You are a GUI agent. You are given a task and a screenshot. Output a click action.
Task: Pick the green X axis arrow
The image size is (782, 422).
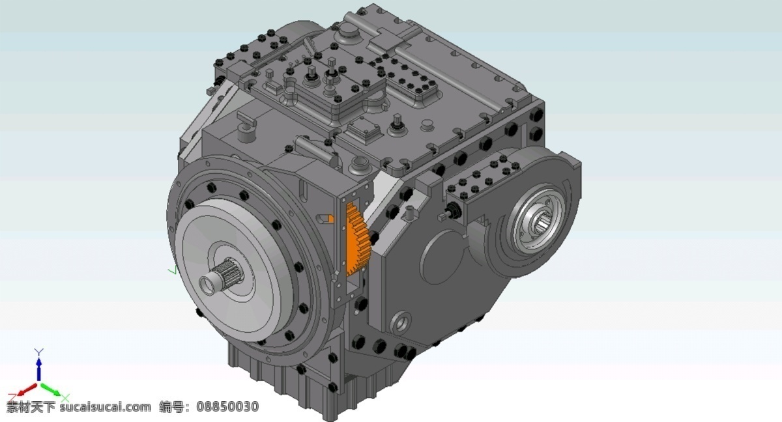coord(51,389)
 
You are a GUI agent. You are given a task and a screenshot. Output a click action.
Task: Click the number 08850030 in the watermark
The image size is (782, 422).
coord(227,407)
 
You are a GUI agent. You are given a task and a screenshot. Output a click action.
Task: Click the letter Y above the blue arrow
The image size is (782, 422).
coord(38,352)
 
